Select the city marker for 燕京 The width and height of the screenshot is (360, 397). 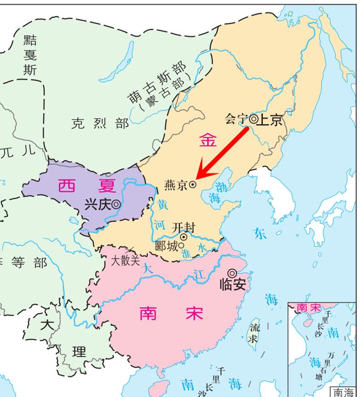click(193, 184)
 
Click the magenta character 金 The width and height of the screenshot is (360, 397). click(208, 140)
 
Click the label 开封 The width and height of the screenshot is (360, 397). click(183, 228)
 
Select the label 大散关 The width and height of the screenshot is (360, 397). click(125, 260)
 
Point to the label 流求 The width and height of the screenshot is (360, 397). click(254, 333)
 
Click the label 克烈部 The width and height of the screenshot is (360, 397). click(100, 123)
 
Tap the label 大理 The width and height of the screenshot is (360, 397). click(63, 338)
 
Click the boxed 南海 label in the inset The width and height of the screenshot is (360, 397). click(344, 392)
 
